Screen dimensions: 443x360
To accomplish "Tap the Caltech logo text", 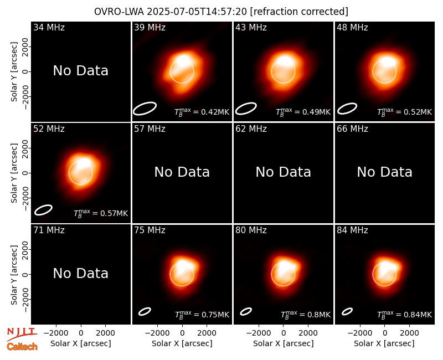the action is pos(22,347).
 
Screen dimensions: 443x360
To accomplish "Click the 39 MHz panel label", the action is pos(150,27).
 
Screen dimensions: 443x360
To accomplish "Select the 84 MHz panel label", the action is pos(352,230).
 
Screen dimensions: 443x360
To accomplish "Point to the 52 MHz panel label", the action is pos(49,129).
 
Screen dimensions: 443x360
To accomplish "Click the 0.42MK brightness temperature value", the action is pos(215,112).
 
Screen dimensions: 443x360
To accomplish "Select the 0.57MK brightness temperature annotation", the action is pos(114,213).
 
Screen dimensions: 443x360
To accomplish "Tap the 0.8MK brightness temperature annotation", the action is pos(319,315).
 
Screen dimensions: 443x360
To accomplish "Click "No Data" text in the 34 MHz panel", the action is pos(80,71).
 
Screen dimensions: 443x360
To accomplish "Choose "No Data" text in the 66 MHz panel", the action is pos(384,172).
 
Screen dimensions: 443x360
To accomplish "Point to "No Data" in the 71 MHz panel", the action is pos(80,274).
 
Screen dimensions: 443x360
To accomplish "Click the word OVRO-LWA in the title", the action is pos(119,12).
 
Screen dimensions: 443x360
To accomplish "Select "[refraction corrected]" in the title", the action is pos(299,12).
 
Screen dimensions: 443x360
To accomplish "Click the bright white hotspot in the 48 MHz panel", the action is pos(389,62).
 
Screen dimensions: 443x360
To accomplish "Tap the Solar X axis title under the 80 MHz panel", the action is pos(284,343).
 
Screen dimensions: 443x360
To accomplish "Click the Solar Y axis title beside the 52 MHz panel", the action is pos(14,173).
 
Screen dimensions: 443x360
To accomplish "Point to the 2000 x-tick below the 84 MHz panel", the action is pos(409,333).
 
